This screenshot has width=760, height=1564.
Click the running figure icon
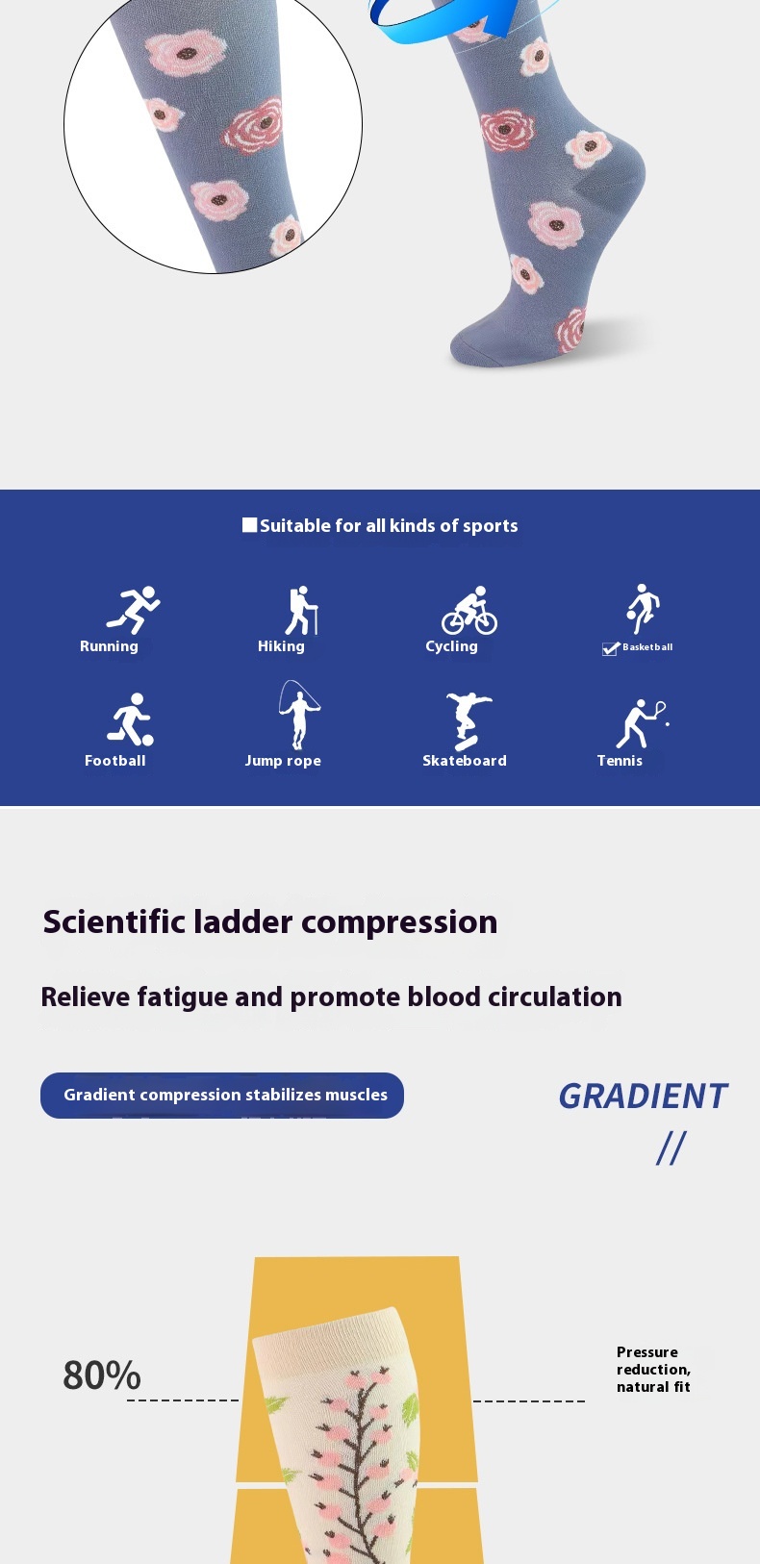coord(134,610)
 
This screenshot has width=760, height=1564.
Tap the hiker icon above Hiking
coord(302,610)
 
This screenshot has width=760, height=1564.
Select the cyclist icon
coord(469,610)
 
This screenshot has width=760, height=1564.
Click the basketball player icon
coord(643,609)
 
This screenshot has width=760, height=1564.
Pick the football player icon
coord(131,719)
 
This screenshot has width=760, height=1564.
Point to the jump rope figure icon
coord(299,715)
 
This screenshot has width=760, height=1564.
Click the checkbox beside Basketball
coord(611,648)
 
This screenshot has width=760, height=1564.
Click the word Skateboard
coord(465,760)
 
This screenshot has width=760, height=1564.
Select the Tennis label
coord(620,760)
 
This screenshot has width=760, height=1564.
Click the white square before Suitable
coord(249,524)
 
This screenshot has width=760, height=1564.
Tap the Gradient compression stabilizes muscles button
coord(222,1095)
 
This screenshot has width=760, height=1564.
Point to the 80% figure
coord(102,1375)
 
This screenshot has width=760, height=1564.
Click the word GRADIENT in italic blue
coord(643,1097)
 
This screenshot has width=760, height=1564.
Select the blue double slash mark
coord(671,1148)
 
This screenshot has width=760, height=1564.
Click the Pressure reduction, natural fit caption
coord(654,1369)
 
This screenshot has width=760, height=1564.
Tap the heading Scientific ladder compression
coord(270,921)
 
